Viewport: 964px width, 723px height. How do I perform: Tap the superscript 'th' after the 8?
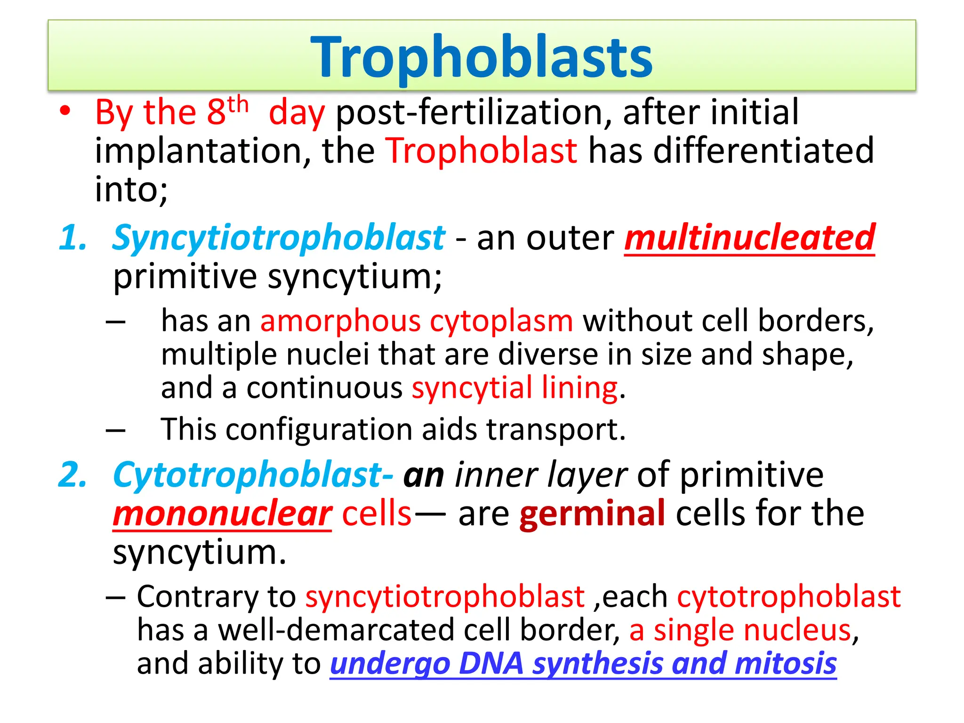[238, 104]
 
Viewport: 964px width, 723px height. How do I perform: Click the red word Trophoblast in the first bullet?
[482, 151]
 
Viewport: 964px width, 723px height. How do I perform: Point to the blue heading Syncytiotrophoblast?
[278, 237]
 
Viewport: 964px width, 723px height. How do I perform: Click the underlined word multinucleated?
[749, 237]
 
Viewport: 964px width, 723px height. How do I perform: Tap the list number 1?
[73, 237]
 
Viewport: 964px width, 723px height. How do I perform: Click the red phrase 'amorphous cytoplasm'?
[417, 321]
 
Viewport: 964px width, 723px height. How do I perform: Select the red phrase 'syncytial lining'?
[514, 388]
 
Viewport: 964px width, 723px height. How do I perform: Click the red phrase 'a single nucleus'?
[740, 630]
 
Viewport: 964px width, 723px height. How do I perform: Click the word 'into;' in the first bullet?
[131, 189]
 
